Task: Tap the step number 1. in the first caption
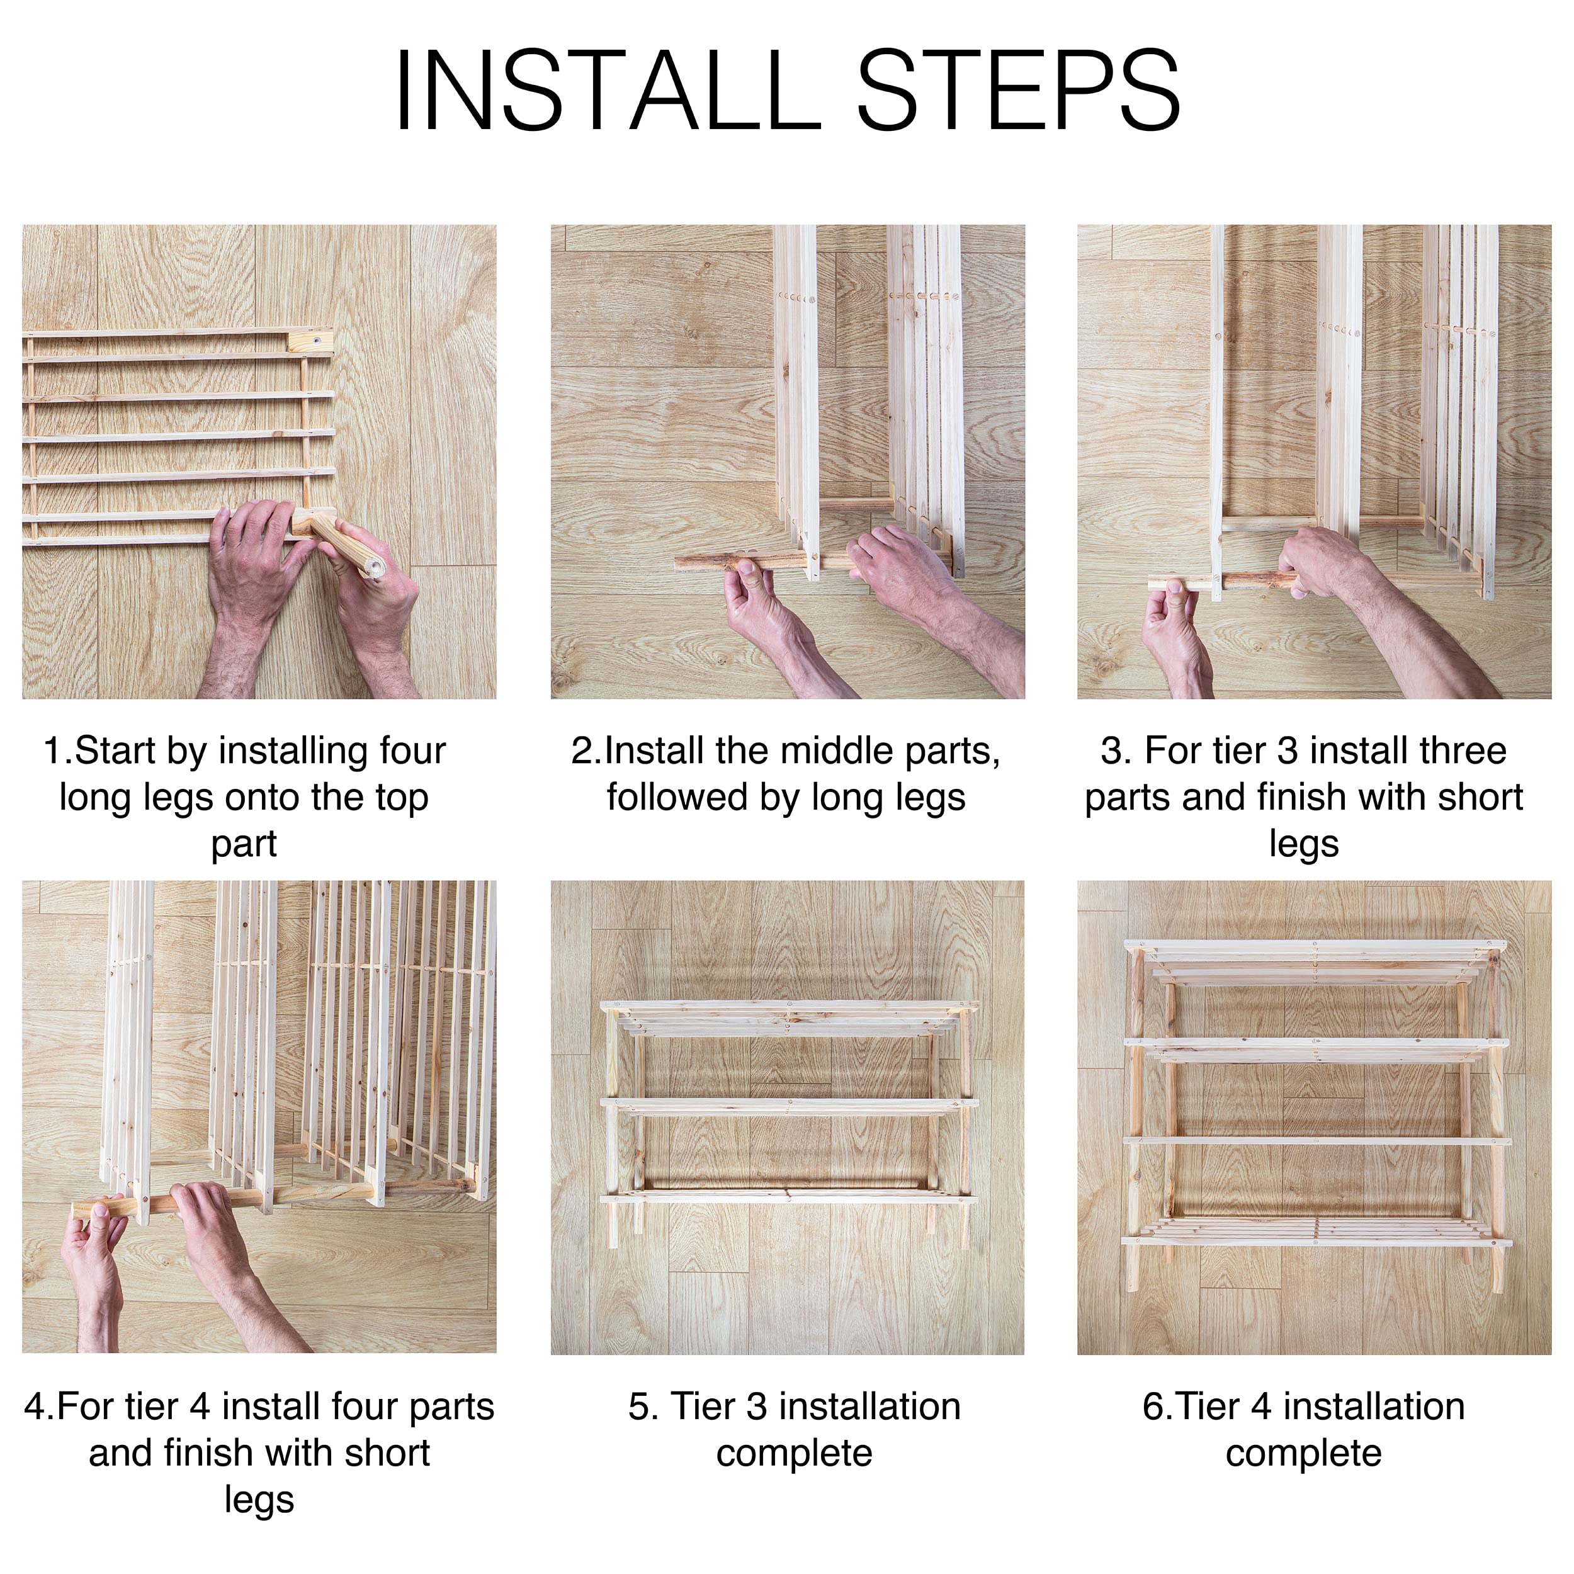tap(57, 751)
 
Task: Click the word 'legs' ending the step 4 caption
tap(259, 1501)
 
